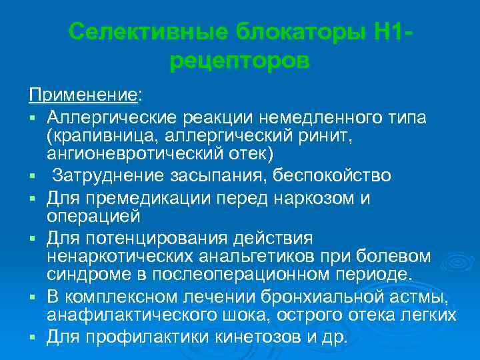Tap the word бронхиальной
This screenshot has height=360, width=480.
click(315, 295)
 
